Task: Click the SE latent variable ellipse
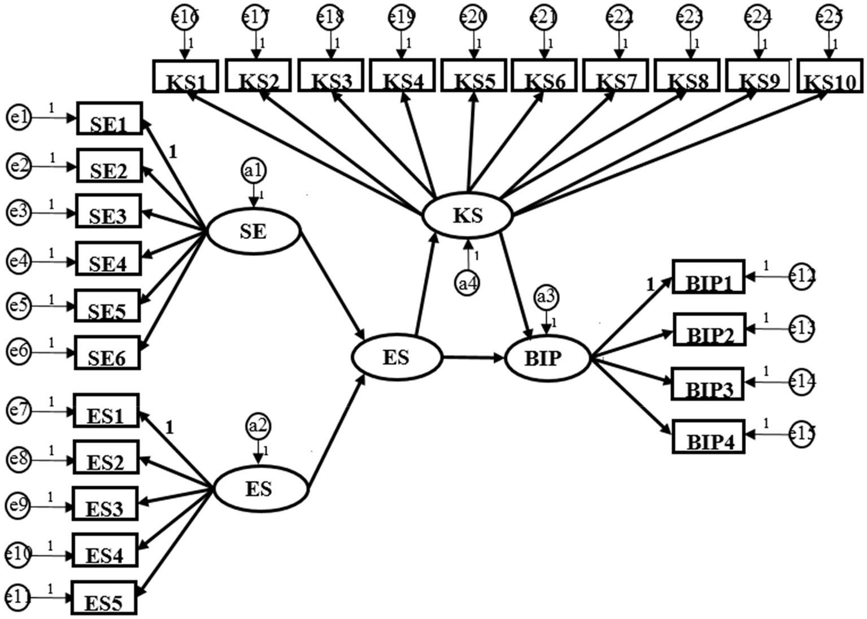coord(254,231)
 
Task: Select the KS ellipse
coord(468,215)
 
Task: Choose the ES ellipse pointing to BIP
coord(396,357)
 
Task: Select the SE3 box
coord(108,212)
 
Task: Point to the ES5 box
coord(104,598)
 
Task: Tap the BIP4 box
coord(708,437)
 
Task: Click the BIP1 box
coord(708,277)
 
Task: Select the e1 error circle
coord(19,117)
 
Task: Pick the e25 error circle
coord(829,17)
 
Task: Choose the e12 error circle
coord(801,277)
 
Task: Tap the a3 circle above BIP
coord(546,297)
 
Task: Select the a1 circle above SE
coord(254,170)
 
